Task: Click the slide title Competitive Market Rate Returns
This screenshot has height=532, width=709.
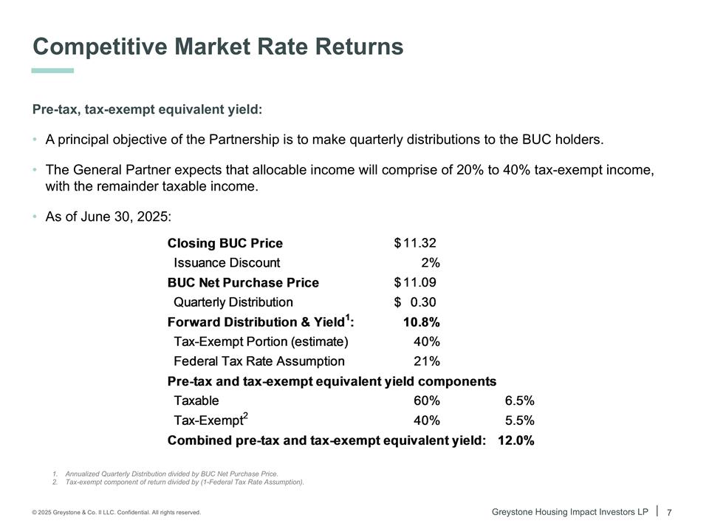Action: (x=218, y=47)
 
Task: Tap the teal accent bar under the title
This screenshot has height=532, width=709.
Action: (x=52, y=71)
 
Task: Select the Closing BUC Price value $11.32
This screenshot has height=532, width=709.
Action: (x=419, y=243)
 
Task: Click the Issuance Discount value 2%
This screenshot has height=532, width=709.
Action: (x=431, y=262)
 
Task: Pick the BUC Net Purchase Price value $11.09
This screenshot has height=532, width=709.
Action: (x=419, y=282)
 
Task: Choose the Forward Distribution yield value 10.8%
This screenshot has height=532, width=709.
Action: (x=421, y=322)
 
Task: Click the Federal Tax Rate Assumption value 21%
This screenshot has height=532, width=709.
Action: (x=427, y=361)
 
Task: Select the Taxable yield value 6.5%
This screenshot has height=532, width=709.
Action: (x=520, y=401)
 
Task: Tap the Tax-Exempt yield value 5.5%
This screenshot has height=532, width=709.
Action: (x=520, y=420)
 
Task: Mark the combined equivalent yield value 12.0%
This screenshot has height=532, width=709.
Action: (x=516, y=440)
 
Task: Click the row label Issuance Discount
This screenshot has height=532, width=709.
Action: (x=227, y=262)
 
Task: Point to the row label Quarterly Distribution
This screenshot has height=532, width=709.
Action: (x=233, y=302)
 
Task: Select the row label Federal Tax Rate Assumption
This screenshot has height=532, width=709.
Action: (x=258, y=361)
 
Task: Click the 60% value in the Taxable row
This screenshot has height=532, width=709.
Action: (x=427, y=401)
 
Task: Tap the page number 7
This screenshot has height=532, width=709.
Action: (x=669, y=513)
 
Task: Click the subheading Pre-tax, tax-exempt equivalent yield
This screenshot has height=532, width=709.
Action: (x=147, y=110)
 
